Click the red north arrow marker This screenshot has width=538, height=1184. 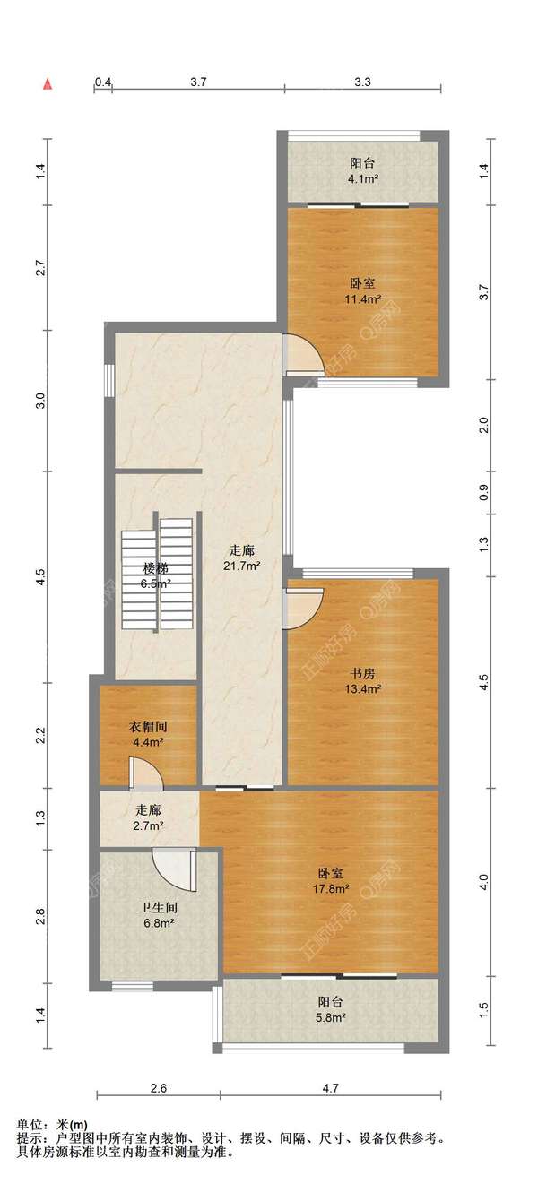click(x=48, y=84)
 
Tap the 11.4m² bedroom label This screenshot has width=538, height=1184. click(x=362, y=291)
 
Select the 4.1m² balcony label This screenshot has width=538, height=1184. click(x=362, y=170)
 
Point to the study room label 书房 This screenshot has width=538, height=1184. click(x=363, y=673)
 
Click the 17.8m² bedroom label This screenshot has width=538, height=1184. click(x=331, y=880)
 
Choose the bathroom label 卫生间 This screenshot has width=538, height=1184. click(x=158, y=908)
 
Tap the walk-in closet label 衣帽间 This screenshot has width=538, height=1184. click(x=148, y=727)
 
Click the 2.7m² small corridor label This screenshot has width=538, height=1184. click(x=148, y=817)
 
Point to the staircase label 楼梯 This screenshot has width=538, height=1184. click(x=156, y=569)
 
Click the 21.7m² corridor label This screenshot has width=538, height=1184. click(x=241, y=558)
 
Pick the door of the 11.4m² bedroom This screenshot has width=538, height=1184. click(x=302, y=355)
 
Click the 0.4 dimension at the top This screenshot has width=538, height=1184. click(x=103, y=82)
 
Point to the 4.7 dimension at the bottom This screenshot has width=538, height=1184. click(x=331, y=1088)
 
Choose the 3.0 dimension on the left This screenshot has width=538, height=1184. click(x=42, y=400)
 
